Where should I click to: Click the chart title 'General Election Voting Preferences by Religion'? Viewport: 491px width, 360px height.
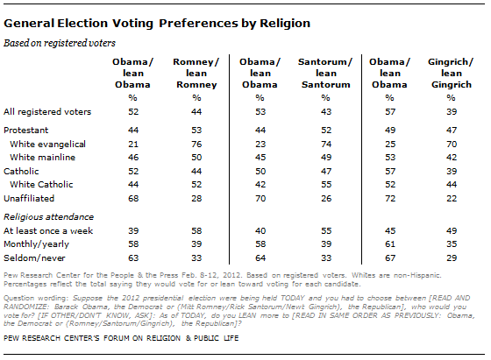[157, 24]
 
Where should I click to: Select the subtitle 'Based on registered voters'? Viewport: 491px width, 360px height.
[60, 43]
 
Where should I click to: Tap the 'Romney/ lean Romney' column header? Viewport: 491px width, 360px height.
[196, 74]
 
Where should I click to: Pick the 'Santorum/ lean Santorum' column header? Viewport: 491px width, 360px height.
[325, 74]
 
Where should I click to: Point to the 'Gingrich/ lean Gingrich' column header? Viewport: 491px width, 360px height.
[451, 74]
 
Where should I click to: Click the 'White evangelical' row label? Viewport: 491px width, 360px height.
[47, 145]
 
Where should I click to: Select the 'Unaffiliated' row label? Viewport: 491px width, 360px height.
[29, 198]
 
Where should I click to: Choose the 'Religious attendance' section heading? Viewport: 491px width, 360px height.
[48, 216]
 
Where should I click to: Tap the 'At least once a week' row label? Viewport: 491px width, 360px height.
[48, 231]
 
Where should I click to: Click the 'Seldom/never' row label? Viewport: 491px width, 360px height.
[34, 258]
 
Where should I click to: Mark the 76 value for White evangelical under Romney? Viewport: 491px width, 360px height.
[196, 145]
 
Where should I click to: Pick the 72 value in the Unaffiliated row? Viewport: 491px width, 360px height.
[390, 198]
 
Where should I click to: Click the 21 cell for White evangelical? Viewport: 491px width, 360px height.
[133, 145]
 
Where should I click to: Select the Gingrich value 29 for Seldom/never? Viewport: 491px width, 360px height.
[452, 258]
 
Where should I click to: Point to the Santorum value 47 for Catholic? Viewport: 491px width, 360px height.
[326, 171]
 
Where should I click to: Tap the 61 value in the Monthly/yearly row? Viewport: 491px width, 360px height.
[390, 244]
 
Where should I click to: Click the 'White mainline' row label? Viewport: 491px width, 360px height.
[43, 158]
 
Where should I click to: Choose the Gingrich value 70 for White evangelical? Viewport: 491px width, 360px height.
[452, 145]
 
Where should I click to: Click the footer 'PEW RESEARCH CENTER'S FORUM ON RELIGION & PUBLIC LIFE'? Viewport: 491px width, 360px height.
[121, 338]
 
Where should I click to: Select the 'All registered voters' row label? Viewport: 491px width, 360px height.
[47, 111]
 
